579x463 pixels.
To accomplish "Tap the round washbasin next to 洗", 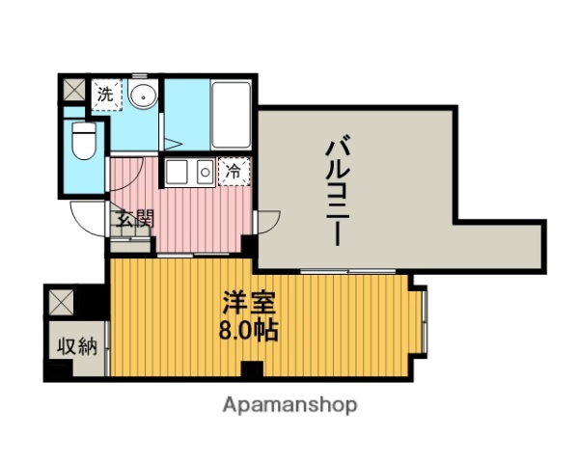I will click(142, 95).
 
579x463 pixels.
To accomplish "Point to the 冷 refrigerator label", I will click(234, 173).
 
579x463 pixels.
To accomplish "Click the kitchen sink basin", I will click(179, 173).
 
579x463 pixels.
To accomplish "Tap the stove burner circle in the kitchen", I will click(205, 173).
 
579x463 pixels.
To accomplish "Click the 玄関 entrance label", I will click(135, 219).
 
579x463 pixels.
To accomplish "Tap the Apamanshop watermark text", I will click(289, 405).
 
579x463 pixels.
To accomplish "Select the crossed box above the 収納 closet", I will click(60, 303).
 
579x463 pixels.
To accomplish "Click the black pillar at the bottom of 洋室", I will click(252, 369).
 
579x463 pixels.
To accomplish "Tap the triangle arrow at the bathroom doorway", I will click(172, 146).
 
